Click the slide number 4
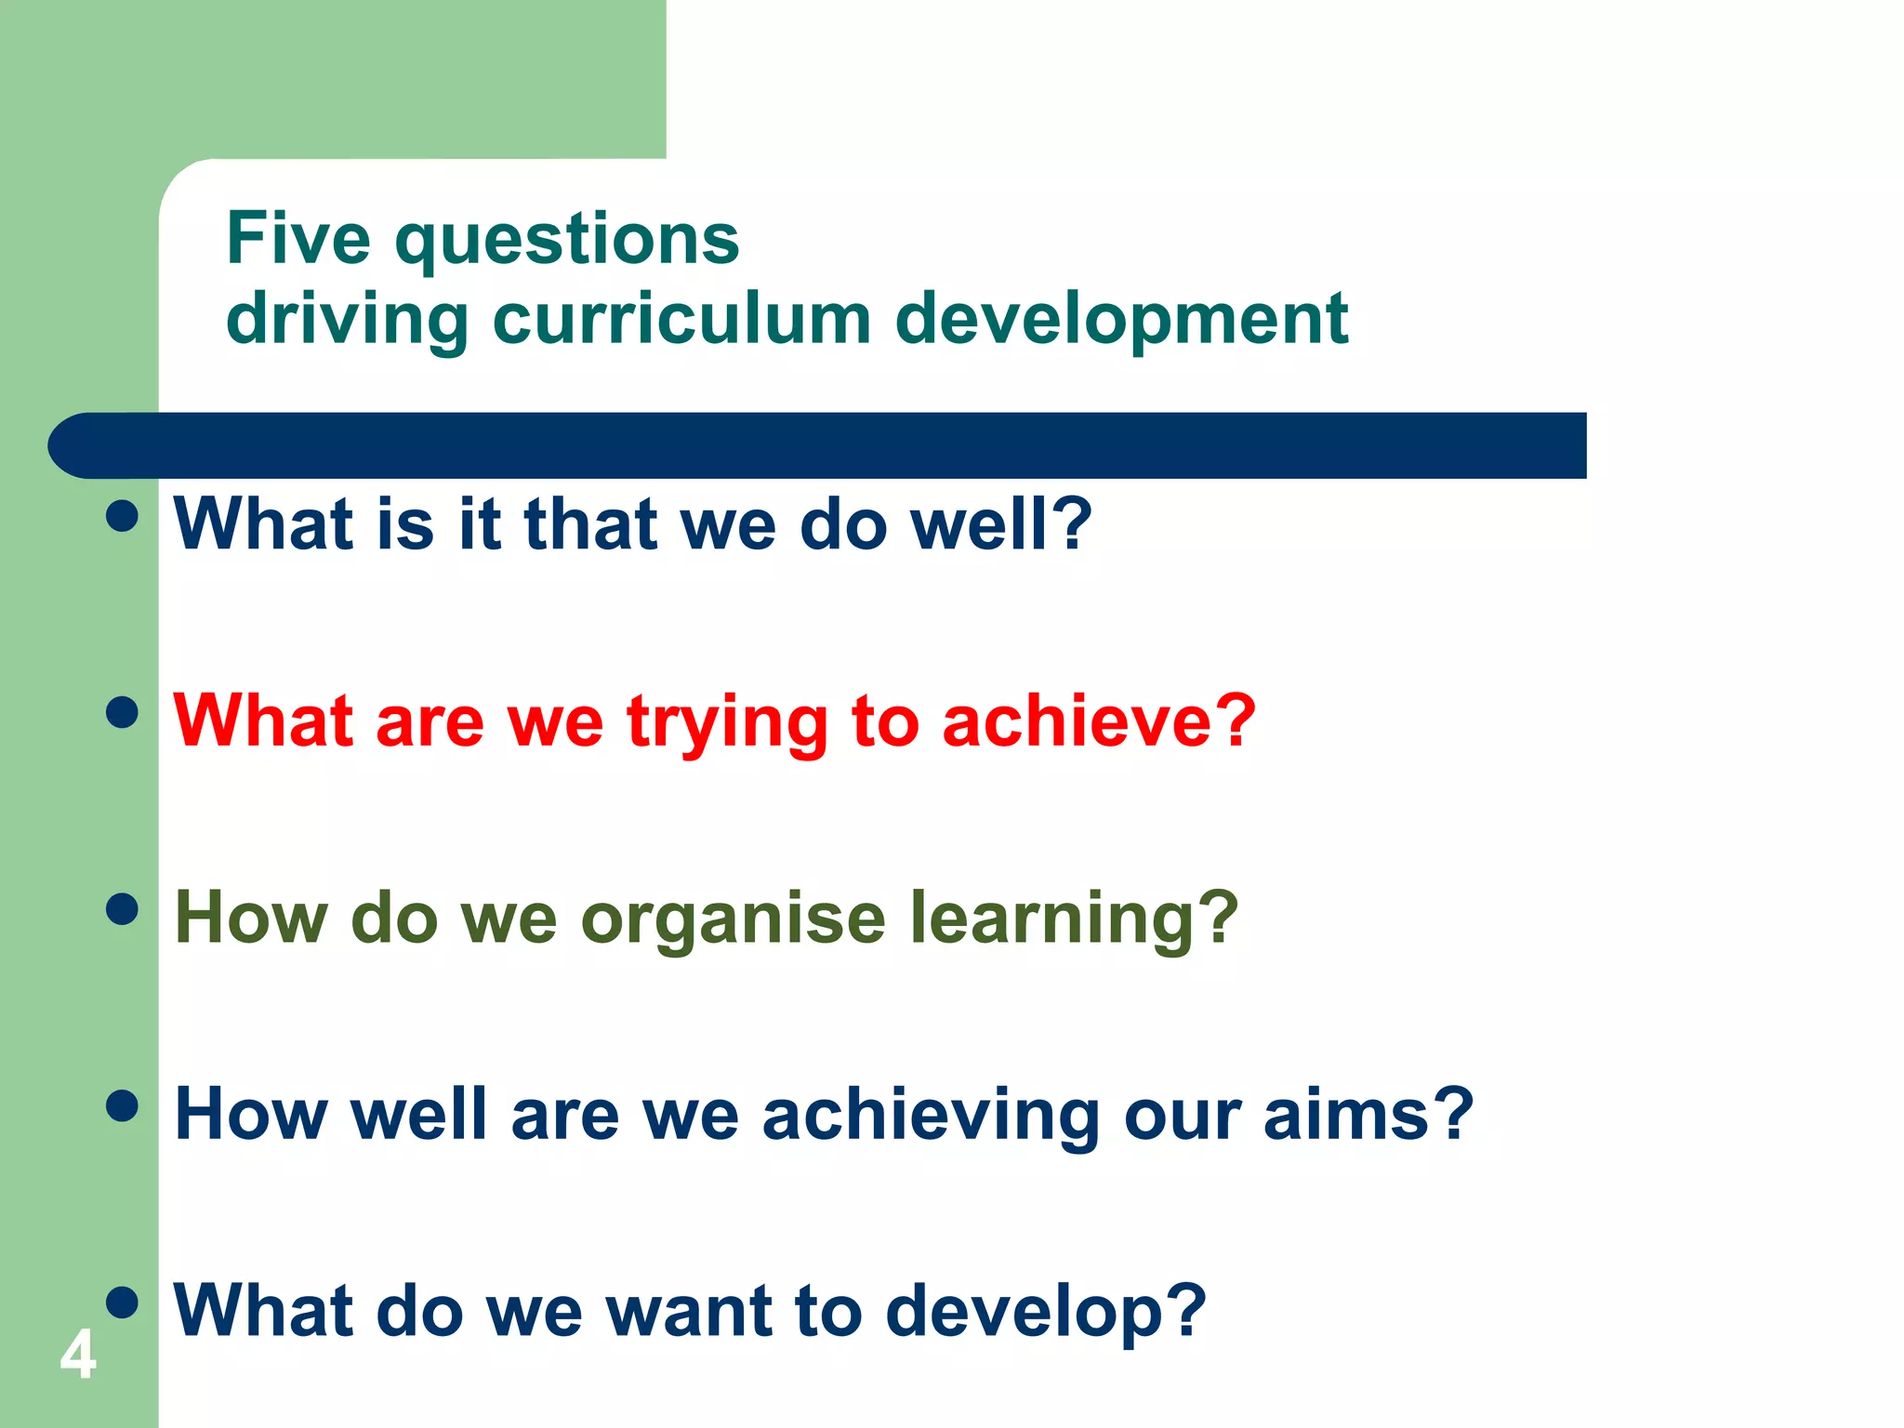pyautogui.click(x=78, y=1355)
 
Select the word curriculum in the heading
pyautogui.click(x=681, y=319)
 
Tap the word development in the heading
pyautogui.click(x=1121, y=321)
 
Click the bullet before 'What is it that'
pyautogui.click(x=122, y=516)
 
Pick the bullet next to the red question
pyautogui.click(x=122, y=713)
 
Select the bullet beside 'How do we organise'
pyautogui.click(x=122, y=909)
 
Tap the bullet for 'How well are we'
pyautogui.click(x=122, y=1106)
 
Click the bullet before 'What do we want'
pyautogui.click(x=122, y=1302)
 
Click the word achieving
pyautogui.click(x=931, y=1116)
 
